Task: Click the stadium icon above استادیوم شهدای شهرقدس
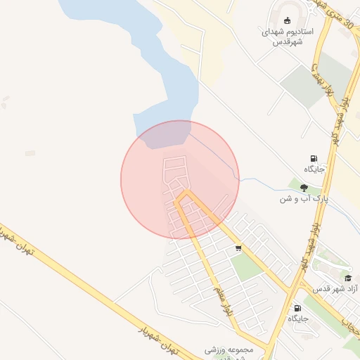(287, 19)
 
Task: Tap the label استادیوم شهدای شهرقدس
(287, 37)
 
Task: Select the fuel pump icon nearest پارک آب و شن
(313, 158)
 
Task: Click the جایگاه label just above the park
(314, 169)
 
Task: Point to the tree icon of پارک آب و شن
(304, 188)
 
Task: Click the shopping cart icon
(239, 247)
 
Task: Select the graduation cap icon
(347, 278)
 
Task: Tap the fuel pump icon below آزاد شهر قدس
(297, 308)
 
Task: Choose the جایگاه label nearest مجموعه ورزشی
(297, 319)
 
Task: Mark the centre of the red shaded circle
(180, 179)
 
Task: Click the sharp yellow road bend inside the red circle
(185, 193)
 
